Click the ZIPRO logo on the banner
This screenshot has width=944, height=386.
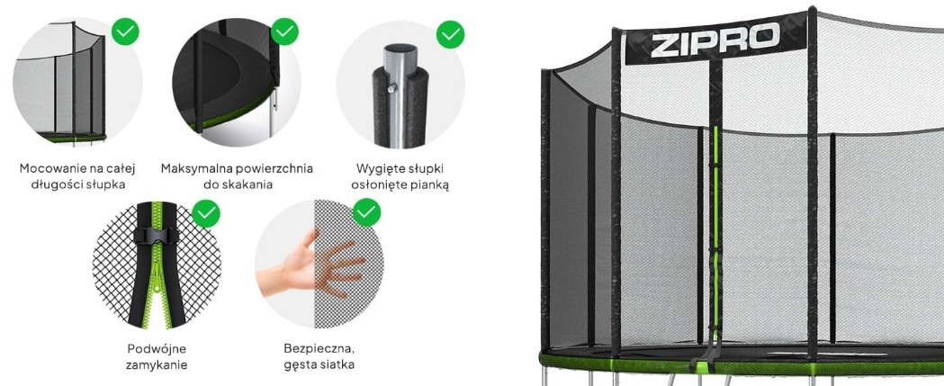pos(715,40)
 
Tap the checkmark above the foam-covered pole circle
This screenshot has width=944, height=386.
pos(450,34)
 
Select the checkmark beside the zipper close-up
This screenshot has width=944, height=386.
pos(206,213)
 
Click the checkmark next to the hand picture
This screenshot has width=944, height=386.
pos(366,212)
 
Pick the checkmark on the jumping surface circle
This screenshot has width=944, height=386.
pos(284,31)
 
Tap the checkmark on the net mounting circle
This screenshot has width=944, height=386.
pos(125,31)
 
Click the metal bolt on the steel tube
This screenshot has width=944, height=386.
pos(392,88)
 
